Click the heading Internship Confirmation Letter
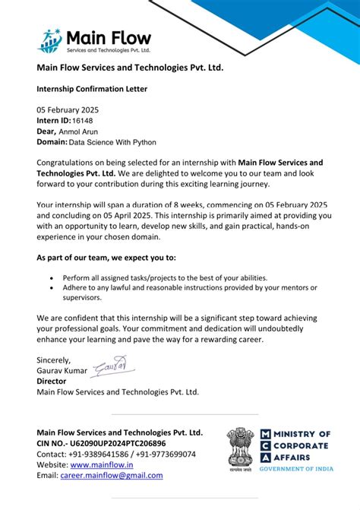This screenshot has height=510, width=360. pyautogui.click(x=92, y=89)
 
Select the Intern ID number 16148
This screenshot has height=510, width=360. pyautogui.click(x=83, y=120)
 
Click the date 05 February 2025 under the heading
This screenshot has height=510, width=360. pyautogui.click(x=68, y=110)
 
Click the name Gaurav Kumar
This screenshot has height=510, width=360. pyautogui.click(x=62, y=371)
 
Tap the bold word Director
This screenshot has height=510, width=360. pyautogui.click(x=52, y=382)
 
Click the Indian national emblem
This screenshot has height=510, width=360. pyautogui.click(x=241, y=447)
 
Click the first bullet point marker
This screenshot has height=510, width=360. pyautogui.click(x=52, y=277)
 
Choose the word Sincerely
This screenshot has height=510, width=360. pyautogui.click(x=54, y=360)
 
